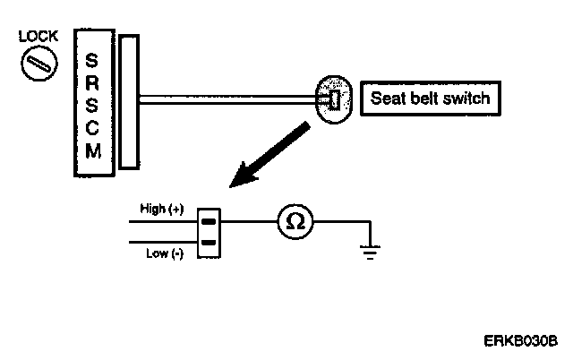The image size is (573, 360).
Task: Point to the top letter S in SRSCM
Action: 93,61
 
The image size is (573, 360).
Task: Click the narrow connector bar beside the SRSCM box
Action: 129,101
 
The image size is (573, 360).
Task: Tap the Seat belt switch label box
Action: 430,99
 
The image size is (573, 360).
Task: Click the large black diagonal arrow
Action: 268,156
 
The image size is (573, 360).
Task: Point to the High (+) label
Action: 161,210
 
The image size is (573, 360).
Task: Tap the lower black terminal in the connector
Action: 208,242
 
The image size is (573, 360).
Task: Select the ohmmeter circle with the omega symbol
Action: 295,222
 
